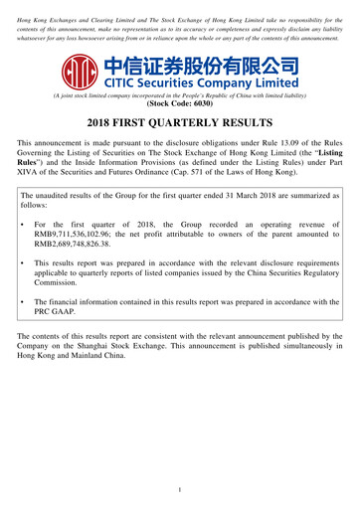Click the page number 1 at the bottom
[x=179, y=490]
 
